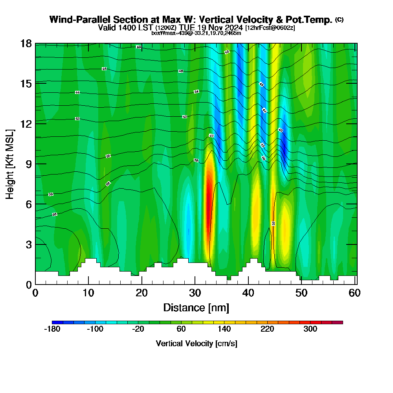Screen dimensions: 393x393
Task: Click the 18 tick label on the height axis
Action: [26, 43]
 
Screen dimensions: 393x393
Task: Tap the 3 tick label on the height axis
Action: [28, 244]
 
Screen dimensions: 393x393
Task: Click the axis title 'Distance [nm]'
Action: [196, 307]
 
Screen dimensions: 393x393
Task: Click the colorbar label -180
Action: [52, 329]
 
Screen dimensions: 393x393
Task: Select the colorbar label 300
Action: [310, 329]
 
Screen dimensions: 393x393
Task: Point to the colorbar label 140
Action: [224, 329]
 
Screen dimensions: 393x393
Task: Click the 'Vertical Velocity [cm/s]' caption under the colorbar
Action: [196, 343]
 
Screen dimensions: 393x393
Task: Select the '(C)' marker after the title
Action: [339, 20]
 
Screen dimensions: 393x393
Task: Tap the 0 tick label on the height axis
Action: [28, 285]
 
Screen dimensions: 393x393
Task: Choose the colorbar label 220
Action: [267, 329]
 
